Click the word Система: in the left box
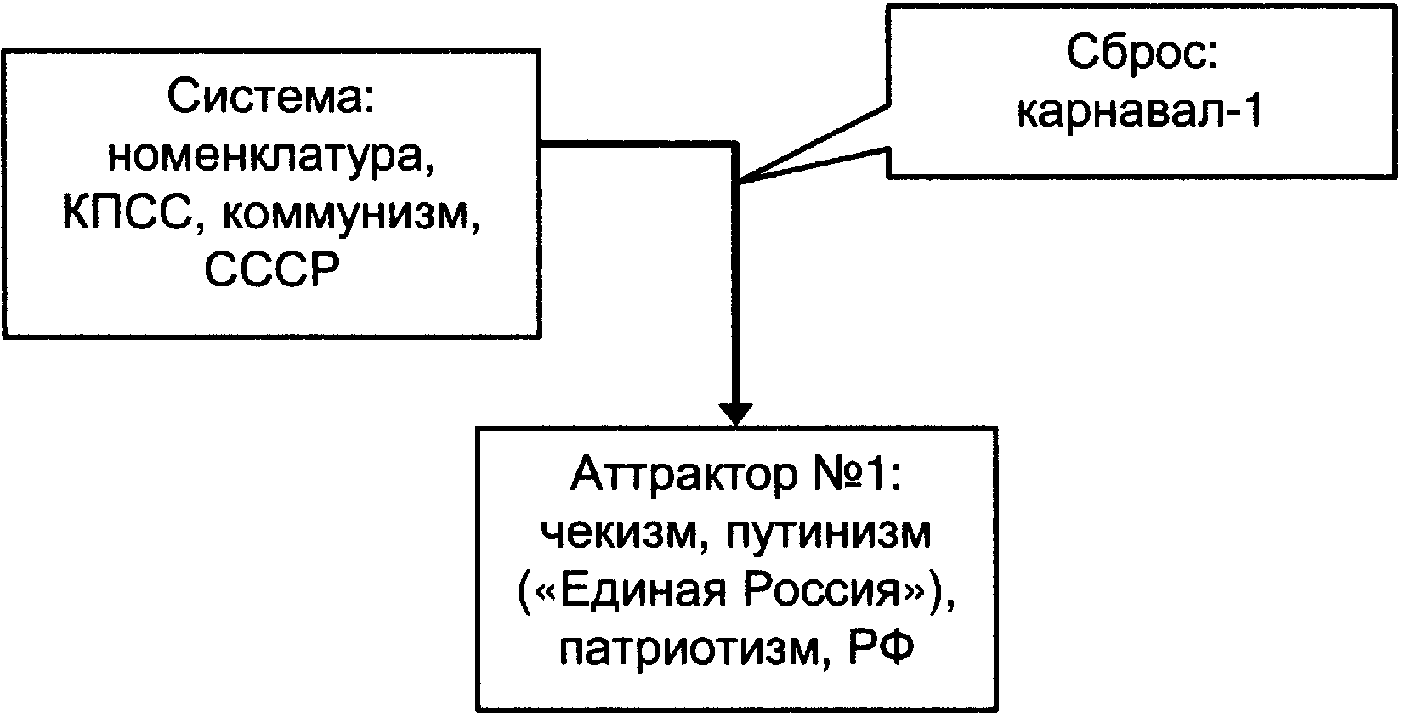tap(271, 98)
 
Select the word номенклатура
tap(271, 157)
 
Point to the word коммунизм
tap(350, 217)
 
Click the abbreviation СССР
tap(272, 270)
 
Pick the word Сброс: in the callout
tap(1142, 53)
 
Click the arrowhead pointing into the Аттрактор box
tap(735, 414)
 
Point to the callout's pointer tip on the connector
tap(740, 182)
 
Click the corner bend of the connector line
tap(735, 145)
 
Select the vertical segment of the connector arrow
tap(735, 274)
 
